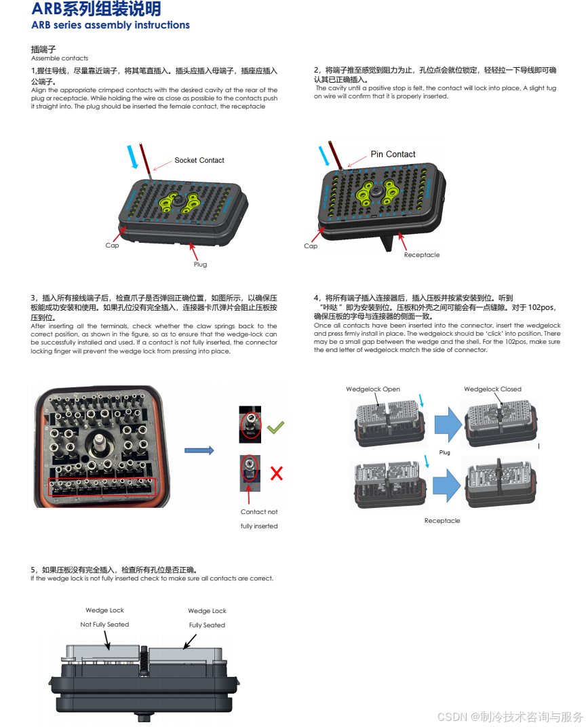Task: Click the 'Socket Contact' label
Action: (x=199, y=160)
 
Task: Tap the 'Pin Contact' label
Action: (x=393, y=154)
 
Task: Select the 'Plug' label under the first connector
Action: (x=200, y=264)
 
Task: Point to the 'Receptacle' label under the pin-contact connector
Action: (x=422, y=255)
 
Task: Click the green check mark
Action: (x=275, y=427)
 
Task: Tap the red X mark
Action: (x=276, y=473)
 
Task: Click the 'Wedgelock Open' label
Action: (x=373, y=389)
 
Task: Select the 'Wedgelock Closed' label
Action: (x=492, y=389)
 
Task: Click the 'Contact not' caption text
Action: (x=259, y=512)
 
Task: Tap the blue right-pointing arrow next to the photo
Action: (x=199, y=450)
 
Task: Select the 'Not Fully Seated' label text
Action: (x=104, y=625)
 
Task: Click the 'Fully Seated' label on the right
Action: (x=207, y=625)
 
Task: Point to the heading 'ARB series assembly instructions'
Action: (x=111, y=25)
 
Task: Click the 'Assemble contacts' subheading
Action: (x=60, y=58)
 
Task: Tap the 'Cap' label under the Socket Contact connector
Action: (x=112, y=245)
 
